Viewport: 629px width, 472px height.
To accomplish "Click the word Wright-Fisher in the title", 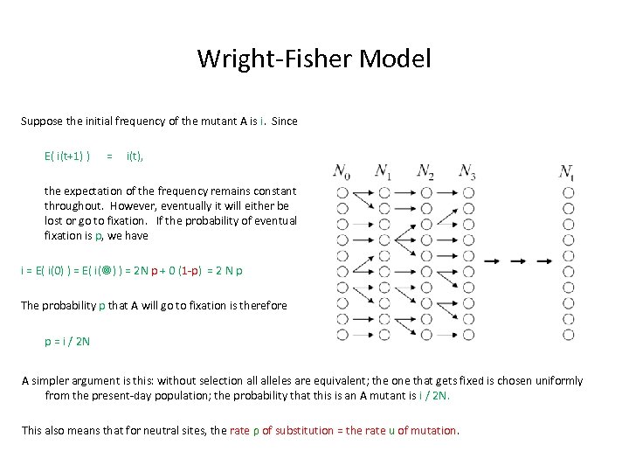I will click(254, 59).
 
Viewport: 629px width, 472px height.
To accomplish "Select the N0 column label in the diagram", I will click(342, 171).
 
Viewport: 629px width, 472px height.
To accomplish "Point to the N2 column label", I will click(425, 171).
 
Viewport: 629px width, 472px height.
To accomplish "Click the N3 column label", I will click(467, 171).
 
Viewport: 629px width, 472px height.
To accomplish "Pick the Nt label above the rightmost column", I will click(568, 171).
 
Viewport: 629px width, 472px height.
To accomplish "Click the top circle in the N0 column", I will click(342, 191).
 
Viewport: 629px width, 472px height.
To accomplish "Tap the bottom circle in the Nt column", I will click(569, 334).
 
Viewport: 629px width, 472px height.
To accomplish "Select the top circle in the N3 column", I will click(468, 191).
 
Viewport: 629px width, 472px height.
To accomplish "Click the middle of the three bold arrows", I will click(519, 260).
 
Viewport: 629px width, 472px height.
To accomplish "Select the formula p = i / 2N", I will click(67, 341).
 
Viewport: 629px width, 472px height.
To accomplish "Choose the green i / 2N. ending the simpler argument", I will click(434, 395).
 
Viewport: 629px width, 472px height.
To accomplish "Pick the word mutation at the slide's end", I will click(433, 430).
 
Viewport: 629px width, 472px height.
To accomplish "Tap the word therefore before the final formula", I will click(259, 305).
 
